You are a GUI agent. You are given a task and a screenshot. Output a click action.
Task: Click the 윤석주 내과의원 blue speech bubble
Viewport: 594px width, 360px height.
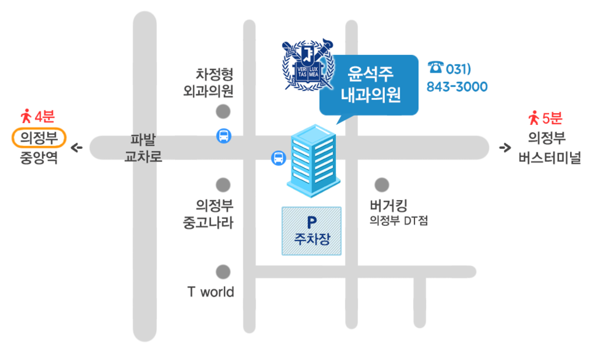click(369, 85)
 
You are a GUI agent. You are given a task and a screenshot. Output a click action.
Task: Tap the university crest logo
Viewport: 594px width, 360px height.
click(308, 65)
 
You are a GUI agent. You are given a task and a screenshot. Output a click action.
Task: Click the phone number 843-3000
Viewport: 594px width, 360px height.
click(457, 87)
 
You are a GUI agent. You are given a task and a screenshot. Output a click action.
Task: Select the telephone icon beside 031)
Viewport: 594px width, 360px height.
click(435, 68)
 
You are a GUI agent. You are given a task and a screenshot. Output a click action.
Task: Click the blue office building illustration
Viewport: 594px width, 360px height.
click(313, 161)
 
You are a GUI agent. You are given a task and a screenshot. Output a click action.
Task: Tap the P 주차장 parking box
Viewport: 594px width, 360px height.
click(311, 231)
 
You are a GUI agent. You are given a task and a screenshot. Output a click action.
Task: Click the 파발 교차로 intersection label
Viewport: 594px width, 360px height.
click(143, 148)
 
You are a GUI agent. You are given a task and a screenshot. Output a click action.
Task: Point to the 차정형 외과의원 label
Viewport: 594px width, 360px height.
click(208, 82)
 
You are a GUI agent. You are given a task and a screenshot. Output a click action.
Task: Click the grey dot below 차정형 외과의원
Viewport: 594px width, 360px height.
click(223, 112)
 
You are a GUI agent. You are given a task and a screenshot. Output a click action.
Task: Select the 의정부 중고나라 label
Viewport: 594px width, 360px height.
click(208, 214)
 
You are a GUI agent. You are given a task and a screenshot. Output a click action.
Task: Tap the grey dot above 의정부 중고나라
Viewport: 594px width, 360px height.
click(223, 185)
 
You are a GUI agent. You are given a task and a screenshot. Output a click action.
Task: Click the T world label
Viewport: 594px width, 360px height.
click(211, 292)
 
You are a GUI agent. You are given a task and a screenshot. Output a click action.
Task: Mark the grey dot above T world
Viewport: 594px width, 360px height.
click(223, 272)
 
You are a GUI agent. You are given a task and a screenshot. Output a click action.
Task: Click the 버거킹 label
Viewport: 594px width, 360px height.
click(388, 206)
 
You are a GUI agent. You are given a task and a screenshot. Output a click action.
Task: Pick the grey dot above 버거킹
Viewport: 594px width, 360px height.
click(382, 185)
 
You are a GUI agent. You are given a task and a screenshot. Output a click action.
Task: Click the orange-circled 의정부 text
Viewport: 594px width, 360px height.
click(39, 138)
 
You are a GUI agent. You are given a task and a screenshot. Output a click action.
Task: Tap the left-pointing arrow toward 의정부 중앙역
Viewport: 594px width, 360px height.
click(77, 148)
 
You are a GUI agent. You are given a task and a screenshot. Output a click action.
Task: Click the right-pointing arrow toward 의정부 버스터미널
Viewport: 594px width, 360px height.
click(505, 148)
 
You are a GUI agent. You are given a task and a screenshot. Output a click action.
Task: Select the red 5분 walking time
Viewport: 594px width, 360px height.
click(552, 118)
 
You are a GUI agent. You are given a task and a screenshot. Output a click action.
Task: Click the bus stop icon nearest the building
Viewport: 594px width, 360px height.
click(279, 158)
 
